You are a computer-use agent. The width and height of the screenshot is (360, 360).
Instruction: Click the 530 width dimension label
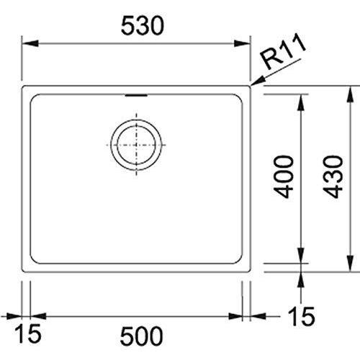[x=143, y=26]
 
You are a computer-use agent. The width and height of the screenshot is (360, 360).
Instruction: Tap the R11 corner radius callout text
[x=284, y=51]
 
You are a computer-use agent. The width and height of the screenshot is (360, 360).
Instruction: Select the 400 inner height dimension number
[x=284, y=177]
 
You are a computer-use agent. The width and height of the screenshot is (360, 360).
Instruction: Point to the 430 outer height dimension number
[x=333, y=177]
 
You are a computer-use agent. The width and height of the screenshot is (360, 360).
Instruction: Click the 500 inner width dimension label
[x=142, y=336]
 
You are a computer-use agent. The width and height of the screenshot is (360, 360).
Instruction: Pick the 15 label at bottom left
[x=28, y=334]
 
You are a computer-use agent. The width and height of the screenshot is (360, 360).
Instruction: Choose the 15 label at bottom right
[x=302, y=316]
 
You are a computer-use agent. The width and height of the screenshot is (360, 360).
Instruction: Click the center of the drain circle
[x=136, y=145]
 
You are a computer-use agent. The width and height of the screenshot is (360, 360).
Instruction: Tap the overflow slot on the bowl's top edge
[x=136, y=96]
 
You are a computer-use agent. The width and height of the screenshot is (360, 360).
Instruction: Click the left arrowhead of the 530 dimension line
[x=30, y=44]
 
